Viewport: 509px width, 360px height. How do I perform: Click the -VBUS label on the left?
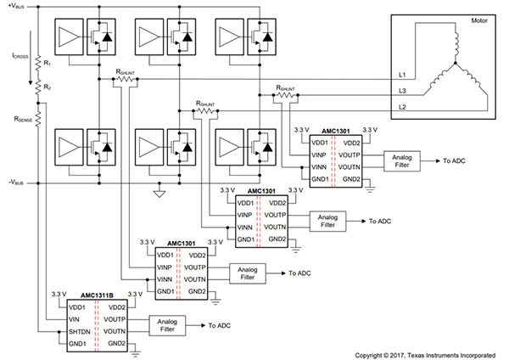point(18,182)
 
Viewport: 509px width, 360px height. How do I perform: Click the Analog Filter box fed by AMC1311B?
point(167,324)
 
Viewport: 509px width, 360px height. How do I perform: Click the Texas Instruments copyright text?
point(426,353)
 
